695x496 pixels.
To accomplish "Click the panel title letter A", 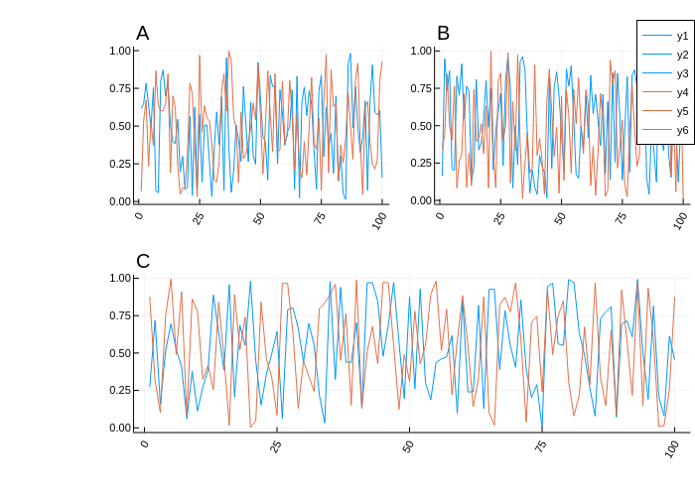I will coord(143,34).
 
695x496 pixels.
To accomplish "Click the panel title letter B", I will coord(443,34).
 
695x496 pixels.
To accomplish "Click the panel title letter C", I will coord(143,262).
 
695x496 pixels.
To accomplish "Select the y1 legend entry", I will coord(682,36).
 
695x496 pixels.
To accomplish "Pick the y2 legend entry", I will coord(682,55).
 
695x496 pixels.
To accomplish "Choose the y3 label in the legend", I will coord(682,73).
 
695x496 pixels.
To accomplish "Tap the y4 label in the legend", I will coord(682,92).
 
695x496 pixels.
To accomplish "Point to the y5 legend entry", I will coord(682,111).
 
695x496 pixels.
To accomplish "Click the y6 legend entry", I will coord(682,130).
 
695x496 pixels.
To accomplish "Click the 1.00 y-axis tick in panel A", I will coord(120,51).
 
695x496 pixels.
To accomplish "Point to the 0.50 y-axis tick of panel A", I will coord(120,126).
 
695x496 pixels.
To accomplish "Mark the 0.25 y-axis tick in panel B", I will coord(421,164).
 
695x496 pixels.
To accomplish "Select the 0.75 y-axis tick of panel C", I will coord(120,315).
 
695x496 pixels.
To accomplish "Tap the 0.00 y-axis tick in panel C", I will coord(120,428).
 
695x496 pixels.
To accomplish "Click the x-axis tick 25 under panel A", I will coord(199,217).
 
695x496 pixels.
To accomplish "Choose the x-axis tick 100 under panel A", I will coord(379,220).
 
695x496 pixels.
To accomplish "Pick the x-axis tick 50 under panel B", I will coord(560,217).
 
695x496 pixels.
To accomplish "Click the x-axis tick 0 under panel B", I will coord(440,214).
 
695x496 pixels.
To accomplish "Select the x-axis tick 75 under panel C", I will coord(540,445).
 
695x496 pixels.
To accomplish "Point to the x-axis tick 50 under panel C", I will coord(408,445).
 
